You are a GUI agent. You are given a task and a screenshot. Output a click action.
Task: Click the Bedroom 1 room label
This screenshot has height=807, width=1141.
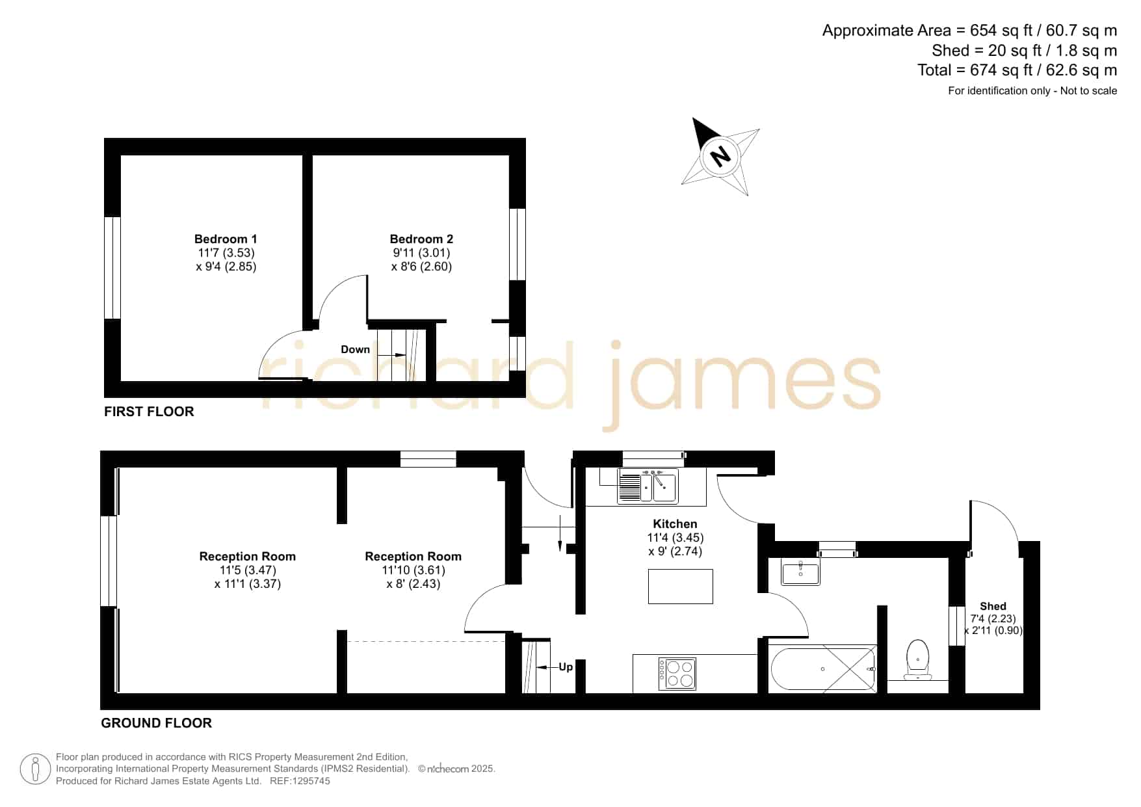pos(226,239)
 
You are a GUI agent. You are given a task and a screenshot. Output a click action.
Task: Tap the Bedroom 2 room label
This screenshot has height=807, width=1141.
pos(421,239)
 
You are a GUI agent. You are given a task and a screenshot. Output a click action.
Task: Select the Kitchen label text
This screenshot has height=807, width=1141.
pos(675,523)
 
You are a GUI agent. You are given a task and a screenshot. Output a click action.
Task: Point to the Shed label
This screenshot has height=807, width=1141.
pos(993,606)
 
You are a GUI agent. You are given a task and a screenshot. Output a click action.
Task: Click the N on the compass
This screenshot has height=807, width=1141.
pos(720,156)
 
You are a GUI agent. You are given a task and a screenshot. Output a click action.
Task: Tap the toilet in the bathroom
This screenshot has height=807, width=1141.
pos(917,659)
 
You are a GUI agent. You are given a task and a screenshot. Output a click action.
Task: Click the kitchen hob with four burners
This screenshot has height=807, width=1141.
pos(677,674)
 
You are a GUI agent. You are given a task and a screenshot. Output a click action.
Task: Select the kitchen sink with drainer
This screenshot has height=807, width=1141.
pos(648,486)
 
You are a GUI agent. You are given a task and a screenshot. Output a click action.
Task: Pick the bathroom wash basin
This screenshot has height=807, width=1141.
pos(800,573)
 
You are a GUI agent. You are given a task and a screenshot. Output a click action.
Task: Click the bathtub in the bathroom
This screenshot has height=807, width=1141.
pos(823,668)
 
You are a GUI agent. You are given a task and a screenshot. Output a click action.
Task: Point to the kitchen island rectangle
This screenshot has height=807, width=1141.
pos(680,586)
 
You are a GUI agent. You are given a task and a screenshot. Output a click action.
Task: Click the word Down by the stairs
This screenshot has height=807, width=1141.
pos(355,349)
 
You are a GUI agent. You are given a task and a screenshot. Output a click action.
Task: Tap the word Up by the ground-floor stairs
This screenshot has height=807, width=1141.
pos(566,667)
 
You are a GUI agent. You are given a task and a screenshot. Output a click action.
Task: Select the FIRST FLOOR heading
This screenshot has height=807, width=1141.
pos(149,412)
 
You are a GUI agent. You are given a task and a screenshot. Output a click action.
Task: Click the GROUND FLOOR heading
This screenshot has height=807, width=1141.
pos(156,723)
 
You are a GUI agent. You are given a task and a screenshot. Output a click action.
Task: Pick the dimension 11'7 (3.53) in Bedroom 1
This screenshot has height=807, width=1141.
pos(226,252)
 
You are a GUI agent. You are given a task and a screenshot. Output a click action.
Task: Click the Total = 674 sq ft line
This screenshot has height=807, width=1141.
pos(1017,70)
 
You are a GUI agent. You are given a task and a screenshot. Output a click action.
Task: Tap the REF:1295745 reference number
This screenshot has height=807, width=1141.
pos(300,781)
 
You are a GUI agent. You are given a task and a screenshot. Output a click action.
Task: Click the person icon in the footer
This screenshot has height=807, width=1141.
pos(35,769)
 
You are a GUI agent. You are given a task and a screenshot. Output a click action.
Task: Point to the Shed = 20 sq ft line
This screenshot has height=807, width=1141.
pos(1024,51)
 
